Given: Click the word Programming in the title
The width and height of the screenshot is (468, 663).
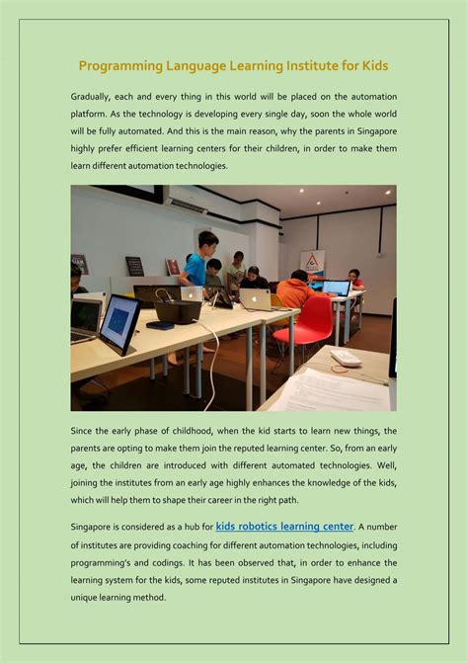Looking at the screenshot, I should (122, 66).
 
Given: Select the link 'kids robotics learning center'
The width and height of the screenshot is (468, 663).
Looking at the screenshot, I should (284, 527).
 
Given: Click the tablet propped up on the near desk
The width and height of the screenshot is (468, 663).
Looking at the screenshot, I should (119, 324).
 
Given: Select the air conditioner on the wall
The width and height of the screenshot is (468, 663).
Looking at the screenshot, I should (187, 204).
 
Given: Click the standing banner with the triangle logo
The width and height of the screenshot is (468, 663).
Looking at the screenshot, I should (312, 264).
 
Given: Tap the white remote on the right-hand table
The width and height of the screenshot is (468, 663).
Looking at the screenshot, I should (347, 358).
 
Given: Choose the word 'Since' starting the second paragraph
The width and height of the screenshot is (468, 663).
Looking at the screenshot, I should (85, 431).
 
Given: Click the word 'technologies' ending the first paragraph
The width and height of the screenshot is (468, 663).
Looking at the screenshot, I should (198, 166).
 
